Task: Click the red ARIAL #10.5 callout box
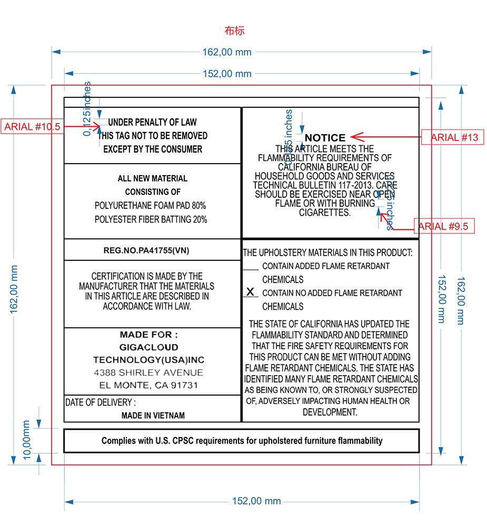32,127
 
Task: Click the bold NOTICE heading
325,138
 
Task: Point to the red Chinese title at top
234,31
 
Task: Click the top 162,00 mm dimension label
227,52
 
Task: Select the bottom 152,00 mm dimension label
256,501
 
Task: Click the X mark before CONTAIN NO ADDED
250,292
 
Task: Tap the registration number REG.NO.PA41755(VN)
153,250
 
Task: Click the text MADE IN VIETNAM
153,416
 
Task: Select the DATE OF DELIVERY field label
100,402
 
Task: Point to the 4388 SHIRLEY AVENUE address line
148,372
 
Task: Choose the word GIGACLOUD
148,347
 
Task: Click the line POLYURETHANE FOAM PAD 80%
151,205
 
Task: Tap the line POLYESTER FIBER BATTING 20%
151,219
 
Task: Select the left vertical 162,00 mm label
14,289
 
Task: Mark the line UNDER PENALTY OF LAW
153,123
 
